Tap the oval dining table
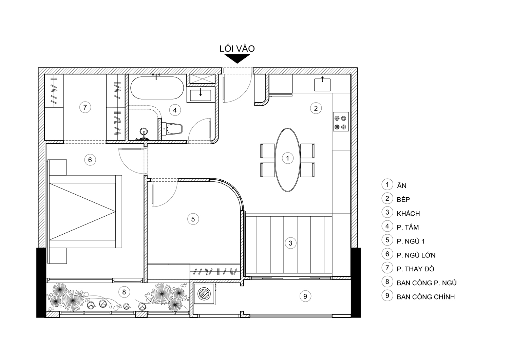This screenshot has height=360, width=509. click(287, 160)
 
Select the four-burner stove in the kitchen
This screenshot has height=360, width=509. click(341, 122)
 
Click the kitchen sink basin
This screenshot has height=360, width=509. click(322, 85)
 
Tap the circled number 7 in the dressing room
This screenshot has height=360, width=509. click(85, 107)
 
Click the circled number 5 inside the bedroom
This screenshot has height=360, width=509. click(193, 219)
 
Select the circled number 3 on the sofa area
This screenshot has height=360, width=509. click(290, 243)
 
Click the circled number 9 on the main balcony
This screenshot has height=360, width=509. click(305, 296)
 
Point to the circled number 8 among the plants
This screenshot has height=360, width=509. click(124, 292)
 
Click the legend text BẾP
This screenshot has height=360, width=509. click(403, 199)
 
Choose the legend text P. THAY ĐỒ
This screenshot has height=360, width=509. click(415, 269)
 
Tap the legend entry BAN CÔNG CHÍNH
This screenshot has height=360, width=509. click(426, 297)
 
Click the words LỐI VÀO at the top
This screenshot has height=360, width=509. click(237, 49)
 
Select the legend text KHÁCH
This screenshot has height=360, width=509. click(408, 214)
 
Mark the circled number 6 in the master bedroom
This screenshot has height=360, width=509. click(90, 160)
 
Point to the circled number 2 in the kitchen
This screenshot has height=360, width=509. click(316, 108)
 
